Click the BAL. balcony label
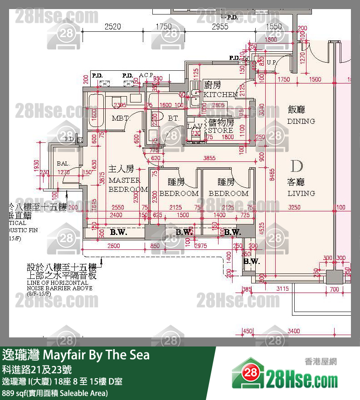click(63, 163)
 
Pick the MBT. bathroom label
click(120, 118)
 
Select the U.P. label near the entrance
click(272, 62)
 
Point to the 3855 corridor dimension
click(209, 158)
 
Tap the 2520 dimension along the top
click(112, 27)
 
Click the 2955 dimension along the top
click(220, 27)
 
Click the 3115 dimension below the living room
click(282, 288)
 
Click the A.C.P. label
click(146, 75)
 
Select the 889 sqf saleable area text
click(55, 393)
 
